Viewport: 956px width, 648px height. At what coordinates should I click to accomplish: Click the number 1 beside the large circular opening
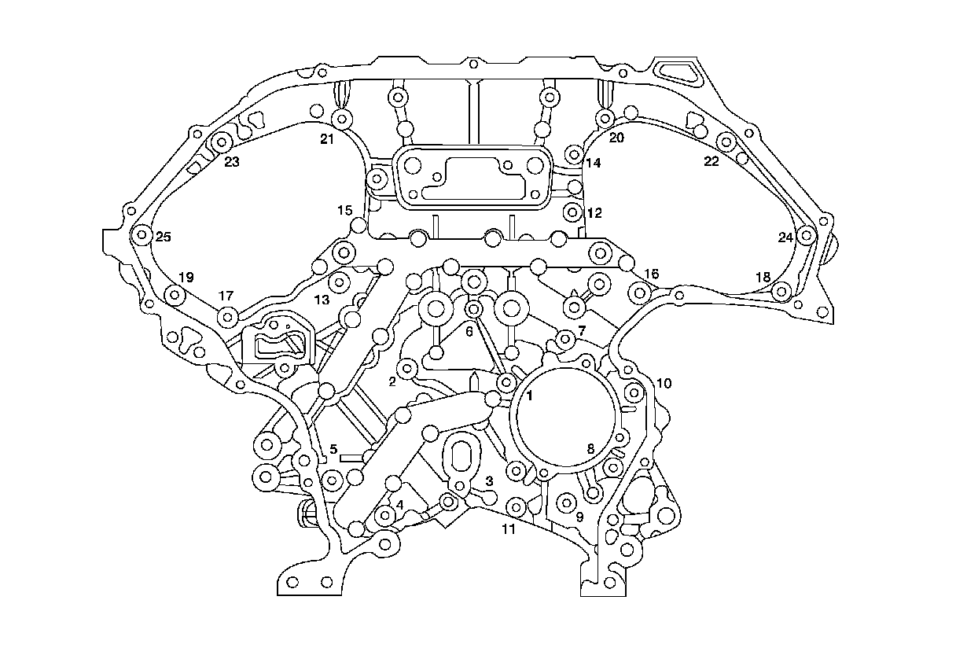530,396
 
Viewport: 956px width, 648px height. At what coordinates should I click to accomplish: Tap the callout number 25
163,237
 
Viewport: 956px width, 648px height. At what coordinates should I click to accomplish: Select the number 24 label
785,237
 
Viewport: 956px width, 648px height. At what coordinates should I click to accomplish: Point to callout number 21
326,140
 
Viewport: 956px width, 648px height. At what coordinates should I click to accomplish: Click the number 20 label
616,138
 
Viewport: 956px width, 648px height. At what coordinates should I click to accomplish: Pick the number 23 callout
231,163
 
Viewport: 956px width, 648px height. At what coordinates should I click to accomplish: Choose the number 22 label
711,162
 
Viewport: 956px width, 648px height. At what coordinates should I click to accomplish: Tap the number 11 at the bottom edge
509,529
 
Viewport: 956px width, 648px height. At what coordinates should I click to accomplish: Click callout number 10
664,384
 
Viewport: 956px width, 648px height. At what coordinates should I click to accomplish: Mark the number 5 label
333,450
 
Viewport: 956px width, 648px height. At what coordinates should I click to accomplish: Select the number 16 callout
651,274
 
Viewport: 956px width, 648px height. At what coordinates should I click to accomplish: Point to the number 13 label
322,300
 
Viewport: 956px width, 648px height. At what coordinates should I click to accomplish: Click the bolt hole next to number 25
142,235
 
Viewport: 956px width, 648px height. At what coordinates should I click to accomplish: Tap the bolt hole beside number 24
806,235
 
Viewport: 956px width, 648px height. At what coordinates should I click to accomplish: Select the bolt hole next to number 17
228,318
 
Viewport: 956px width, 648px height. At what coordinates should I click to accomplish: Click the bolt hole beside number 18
780,292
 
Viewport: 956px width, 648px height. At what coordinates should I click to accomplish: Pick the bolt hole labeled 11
516,505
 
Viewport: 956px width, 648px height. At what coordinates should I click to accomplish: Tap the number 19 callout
186,278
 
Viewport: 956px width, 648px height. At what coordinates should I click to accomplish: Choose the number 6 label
469,332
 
